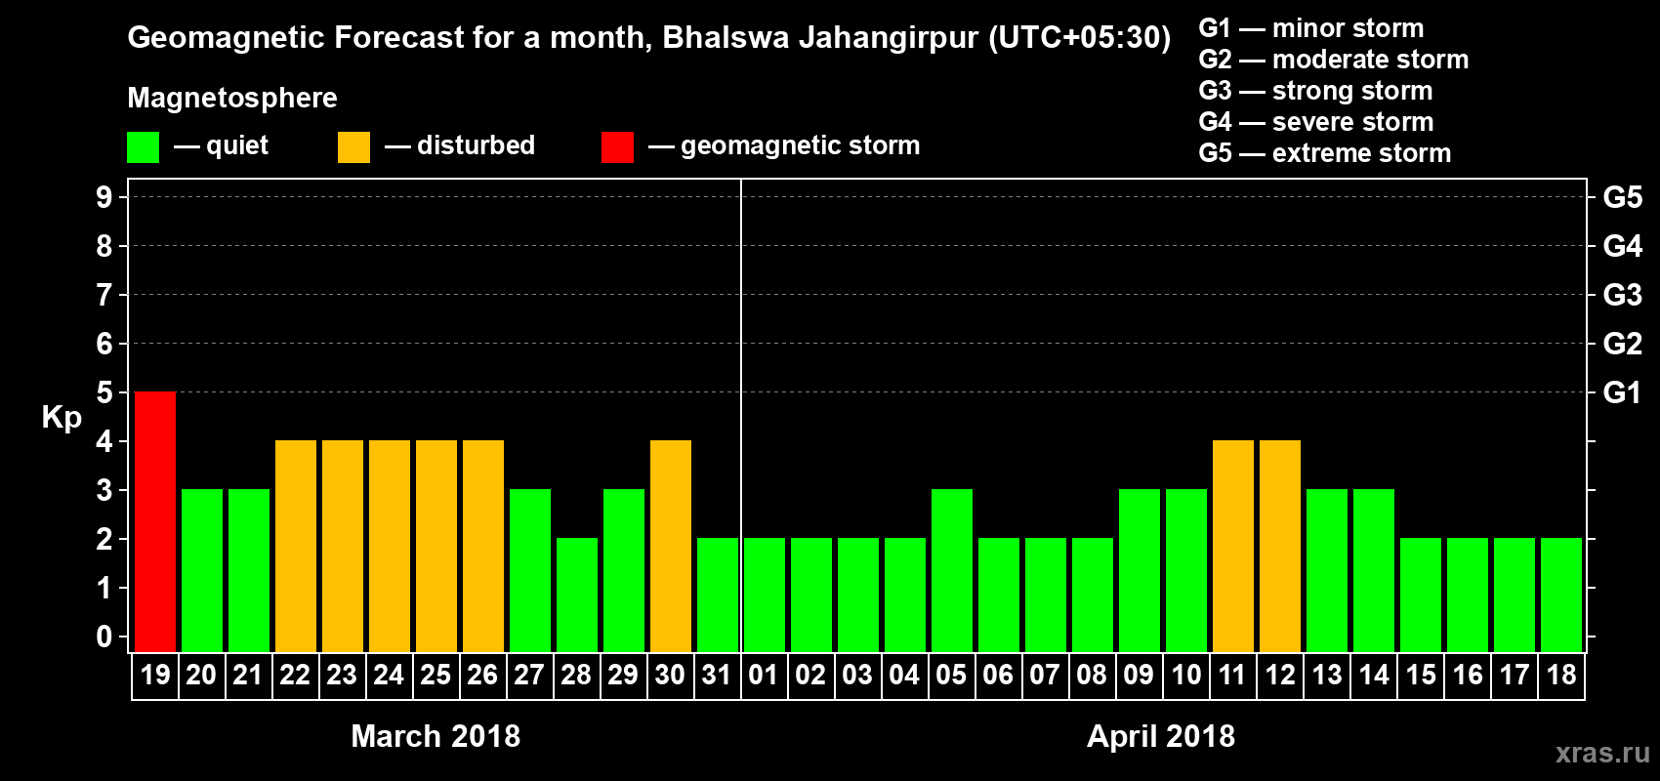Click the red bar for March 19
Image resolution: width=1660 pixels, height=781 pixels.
[155, 521]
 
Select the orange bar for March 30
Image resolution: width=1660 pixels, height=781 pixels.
[671, 546]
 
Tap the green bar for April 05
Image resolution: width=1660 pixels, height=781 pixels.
[952, 570]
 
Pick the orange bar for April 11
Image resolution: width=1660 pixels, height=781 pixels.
[1233, 546]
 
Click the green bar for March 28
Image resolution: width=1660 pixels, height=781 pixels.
[577, 595]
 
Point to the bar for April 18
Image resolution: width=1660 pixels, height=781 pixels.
[1561, 595]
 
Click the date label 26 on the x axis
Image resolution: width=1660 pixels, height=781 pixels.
[482, 675]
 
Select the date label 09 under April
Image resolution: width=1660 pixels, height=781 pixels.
[1139, 675]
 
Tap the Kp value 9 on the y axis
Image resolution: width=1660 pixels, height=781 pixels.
[104, 197]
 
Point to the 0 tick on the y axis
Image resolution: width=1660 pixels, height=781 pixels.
[104, 637]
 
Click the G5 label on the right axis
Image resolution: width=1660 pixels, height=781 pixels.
[1622, 197]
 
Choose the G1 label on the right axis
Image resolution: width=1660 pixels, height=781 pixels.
[1622, 392]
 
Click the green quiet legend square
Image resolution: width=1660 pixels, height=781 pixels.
[144, 147]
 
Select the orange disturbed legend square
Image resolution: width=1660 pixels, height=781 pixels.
[354, 147]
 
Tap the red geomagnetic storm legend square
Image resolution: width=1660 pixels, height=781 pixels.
[617, 147]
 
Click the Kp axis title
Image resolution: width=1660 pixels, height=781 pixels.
[62, 418]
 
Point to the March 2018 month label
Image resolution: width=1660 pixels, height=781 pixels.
[436, 736]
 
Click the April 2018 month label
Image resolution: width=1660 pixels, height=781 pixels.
[1161, 736]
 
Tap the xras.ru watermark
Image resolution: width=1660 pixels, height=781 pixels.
[1602, 753]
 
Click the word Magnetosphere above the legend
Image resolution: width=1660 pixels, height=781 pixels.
[232, 98]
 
